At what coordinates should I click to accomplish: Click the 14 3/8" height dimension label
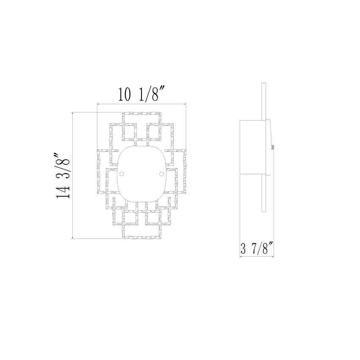coord(63,176)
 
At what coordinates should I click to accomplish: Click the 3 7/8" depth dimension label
coord(256,248)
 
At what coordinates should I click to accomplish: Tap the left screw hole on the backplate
coord(122,173)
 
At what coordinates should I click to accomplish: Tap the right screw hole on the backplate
coord(161,173)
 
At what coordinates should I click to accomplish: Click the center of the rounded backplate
coord(141,173)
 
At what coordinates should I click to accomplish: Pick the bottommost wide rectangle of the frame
coord(141,232)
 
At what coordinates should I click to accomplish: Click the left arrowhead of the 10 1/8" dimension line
coord(99,103)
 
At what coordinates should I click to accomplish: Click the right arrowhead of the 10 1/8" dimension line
coord(186,103)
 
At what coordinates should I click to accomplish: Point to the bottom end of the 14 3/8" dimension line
coord(74,238)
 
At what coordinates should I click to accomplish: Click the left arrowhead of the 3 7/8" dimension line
coord(241,257)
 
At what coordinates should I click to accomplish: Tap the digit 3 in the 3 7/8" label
coord(244,248)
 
